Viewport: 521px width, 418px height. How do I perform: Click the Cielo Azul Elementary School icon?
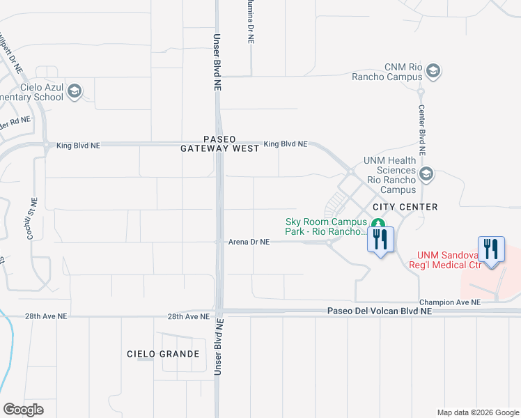click(x=75, y=91)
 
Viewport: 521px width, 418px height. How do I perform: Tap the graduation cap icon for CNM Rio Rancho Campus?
click(x=433, y=70)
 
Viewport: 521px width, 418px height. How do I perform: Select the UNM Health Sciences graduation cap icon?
click(x=426, y=174)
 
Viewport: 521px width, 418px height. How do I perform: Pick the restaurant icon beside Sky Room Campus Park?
click(x=381, y=240)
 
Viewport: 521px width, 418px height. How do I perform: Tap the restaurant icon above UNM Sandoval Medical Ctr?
click(x=492, y=249)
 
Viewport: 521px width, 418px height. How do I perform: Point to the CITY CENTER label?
click(x=405, y=207)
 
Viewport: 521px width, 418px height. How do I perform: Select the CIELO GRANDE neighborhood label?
click(x=163, y=354)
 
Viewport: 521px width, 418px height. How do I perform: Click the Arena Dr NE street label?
click(x=249, y=242)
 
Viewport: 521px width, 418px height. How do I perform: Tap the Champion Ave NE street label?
click(x=449, y=302)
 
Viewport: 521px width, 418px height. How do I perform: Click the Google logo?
click(x=23, y=410)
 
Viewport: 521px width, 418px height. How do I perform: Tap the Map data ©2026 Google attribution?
click(x=478, y=412)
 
